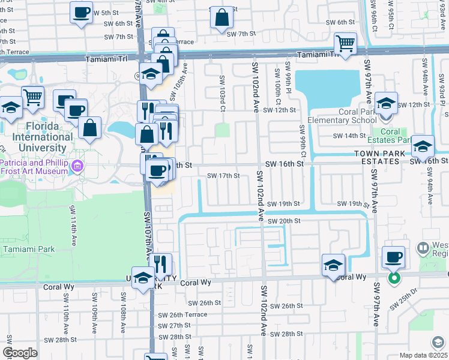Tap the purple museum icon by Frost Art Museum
pos(76,166)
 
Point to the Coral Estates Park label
pos(390,136)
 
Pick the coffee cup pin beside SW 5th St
pos(81,13)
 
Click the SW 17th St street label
pos(223,176)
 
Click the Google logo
pos(20,352)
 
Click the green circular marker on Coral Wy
pos(394,278)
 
